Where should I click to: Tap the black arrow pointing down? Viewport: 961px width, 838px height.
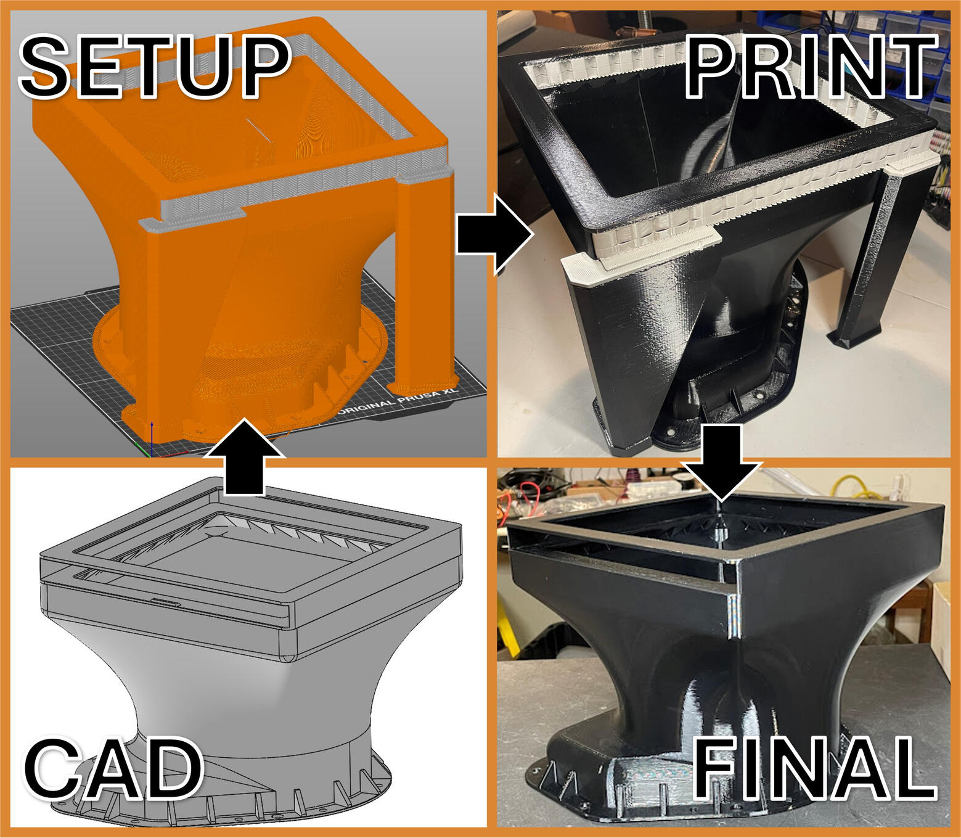pos(722,462)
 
